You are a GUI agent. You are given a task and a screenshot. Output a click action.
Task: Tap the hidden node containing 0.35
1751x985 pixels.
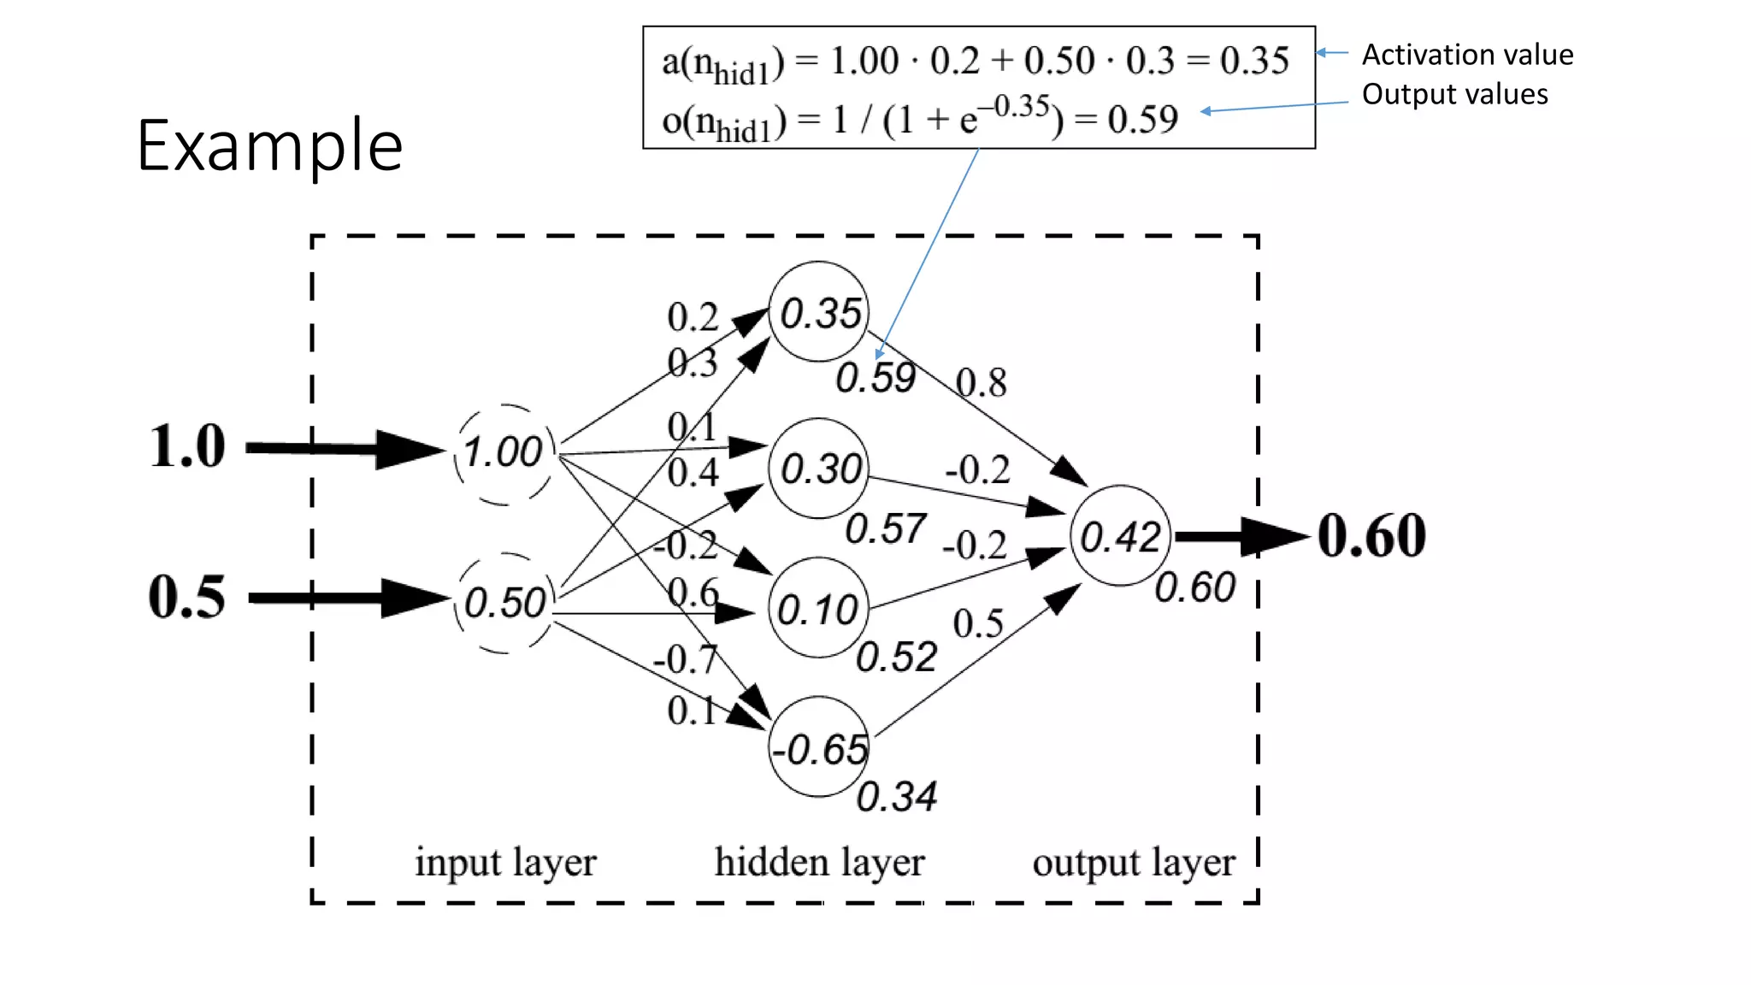click(x=819, y=312)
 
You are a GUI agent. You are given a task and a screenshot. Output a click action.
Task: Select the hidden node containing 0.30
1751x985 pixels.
click(x=819, y=469)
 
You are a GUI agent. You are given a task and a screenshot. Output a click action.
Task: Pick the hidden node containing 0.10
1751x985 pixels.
click(x=818, y=609)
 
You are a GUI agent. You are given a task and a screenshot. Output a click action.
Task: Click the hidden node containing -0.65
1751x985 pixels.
click(x=819, y=748)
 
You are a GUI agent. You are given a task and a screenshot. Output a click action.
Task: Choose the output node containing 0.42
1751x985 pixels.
click(x=1120, y=536)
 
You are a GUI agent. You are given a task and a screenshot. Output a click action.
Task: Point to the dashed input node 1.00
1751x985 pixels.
click(x=504, y=452)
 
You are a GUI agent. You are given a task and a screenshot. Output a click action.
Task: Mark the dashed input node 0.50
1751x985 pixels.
click(x=504, y=603)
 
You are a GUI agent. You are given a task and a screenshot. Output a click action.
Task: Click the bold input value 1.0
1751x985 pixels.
click(x=187, y=446)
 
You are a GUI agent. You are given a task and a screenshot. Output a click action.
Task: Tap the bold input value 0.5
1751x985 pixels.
click(x=187, y=597)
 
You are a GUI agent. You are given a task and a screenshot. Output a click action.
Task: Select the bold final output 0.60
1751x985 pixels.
click(x=1371, y=536)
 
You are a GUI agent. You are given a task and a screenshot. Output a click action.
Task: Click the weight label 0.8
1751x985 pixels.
click(x=981, y=383)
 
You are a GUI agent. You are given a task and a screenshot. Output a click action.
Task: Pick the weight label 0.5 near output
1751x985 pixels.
click(x=978, y=623)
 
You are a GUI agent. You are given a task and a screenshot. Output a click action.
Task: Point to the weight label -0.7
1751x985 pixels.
click(x=685, y=659)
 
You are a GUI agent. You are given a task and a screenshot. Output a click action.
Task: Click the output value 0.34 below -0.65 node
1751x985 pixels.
click(x=896, y=797)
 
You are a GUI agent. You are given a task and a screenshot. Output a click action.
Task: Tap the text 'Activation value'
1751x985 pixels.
click(x=1467, y=55)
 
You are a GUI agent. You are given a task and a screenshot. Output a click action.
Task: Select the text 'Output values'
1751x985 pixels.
click(x=1454, y=94)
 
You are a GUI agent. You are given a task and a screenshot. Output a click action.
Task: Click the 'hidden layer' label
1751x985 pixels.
click(x=819, y=863)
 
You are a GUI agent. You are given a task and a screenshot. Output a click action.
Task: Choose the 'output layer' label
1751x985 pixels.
click(x=1134, y=863)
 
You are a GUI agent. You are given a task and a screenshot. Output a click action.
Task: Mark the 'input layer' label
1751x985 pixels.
click(x=505, y=863)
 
